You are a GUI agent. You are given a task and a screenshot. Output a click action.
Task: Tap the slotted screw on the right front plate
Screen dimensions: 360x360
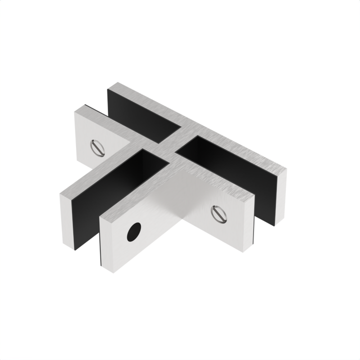(x=218, y=213)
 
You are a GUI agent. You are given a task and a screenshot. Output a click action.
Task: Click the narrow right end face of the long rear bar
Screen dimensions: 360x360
(x=281, y=197)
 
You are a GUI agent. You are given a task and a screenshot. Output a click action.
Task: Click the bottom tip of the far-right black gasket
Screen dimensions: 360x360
(x=274, y=225)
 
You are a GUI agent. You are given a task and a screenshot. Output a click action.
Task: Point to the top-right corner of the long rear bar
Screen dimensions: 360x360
(x=286, y=170)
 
